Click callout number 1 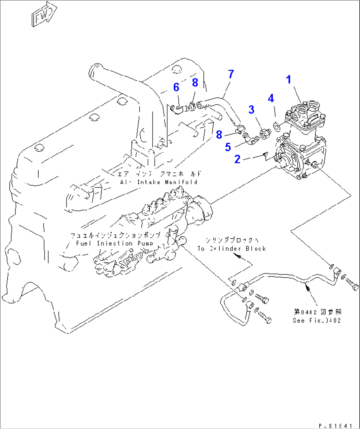[x=288, y=80]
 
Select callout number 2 [x=237, y=159]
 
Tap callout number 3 [x=251, y=110]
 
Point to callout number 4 [x=271, y=98]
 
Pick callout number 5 [x=228, y=147]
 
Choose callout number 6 [x=176, y=87]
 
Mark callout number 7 [x=231, y=74]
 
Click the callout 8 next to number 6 [x=195, y=82]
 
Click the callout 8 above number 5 [x=219, y=134]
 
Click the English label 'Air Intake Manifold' [x=159, y=182]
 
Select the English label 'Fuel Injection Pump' [x=115, y=243]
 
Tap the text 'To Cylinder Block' [x=232, y=248]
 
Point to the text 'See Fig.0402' [x=316, y=320]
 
